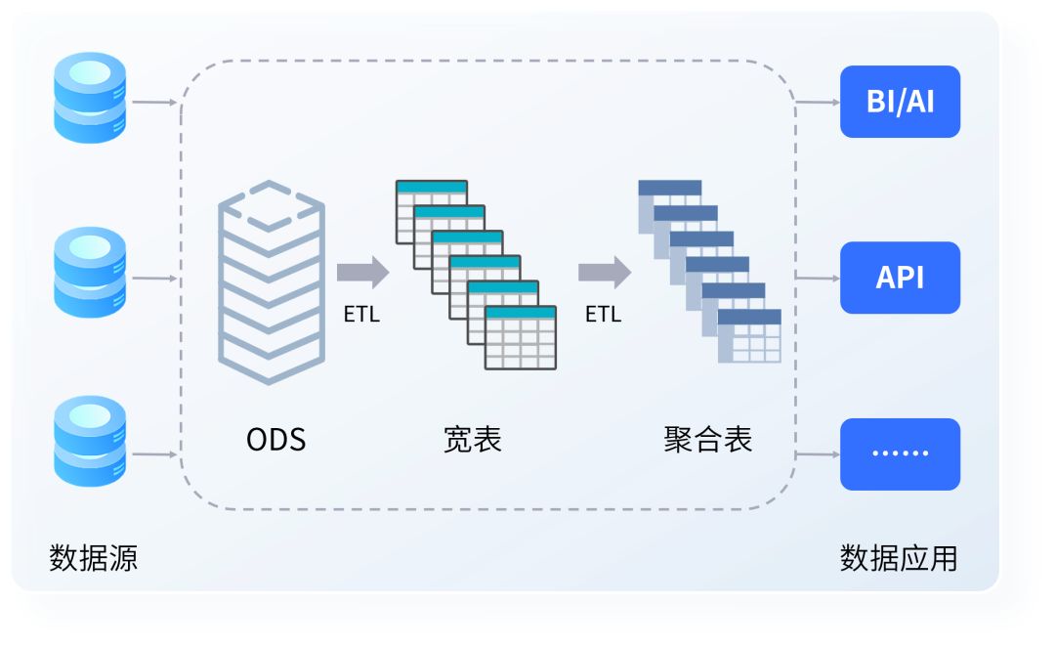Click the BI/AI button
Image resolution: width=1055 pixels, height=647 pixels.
click(x=900, y=102)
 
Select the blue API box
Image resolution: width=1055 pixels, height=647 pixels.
click(x=900, y=278)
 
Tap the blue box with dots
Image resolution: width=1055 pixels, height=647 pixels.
click(x=900, y=453)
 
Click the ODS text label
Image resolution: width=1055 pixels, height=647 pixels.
click(x=275, y=440)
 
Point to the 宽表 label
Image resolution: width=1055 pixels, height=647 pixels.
click(x=473, y=440)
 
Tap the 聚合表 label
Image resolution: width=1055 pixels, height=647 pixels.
click(x=708, y=440)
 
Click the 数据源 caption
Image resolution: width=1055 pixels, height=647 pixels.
click(x=93, y=558)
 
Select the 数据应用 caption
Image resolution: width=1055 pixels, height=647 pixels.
click(x=899, y=558)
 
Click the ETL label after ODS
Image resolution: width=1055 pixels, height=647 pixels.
click(x=361, y=315)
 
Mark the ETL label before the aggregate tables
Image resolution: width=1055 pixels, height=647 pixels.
click(x=603, y=315)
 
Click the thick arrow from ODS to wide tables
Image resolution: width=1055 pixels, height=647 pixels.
click(x=362, y=272)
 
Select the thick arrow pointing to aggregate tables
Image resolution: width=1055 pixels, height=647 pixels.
click(x=604, y=272)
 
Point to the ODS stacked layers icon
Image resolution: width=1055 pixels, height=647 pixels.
click(x=271, y=283)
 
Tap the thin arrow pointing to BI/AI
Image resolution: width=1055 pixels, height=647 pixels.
click(x=818, y=102)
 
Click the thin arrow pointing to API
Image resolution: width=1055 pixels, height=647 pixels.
click(x=818, y=279)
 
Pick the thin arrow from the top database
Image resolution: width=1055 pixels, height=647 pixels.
click(x=154, y=102)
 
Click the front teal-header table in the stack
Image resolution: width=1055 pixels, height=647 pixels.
click(x=521, y=337)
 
